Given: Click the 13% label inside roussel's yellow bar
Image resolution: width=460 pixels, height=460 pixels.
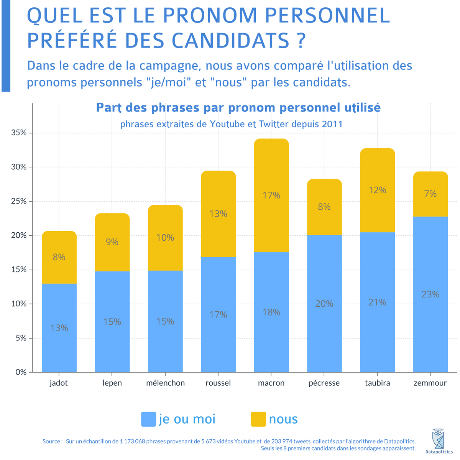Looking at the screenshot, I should tap(218, 214).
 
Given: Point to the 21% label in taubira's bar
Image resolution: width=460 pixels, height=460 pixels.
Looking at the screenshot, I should tap(377, 302).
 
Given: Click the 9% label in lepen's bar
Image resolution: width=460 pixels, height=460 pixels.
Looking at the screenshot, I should tap(112, 242).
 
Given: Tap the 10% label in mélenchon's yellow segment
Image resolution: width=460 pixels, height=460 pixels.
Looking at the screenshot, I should tap(165, 238).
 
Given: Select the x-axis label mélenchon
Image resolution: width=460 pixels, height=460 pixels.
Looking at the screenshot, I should tap(165, 383).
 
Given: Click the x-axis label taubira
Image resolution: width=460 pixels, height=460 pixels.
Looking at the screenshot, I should tap(377, 383).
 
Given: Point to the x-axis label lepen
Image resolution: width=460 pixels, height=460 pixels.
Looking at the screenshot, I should tap(112, 383).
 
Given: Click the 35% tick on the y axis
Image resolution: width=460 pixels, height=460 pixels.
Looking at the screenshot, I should tap(19, 133).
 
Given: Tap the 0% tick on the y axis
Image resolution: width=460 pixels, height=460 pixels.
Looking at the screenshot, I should tap(21, 372).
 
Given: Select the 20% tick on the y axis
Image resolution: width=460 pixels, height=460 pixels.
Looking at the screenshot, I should tap(19, 235).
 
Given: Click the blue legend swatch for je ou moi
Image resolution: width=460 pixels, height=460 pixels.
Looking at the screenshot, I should tap(148, 419).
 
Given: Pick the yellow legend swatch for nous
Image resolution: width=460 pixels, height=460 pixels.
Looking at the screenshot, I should tap(258, 419).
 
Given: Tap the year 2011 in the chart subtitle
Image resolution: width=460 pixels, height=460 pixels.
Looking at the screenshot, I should tap(332, 124).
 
